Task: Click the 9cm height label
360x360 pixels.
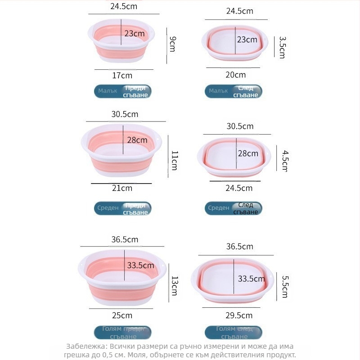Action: point(172,44)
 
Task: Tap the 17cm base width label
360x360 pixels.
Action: point(122,75)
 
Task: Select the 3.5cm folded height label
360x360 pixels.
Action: point(282,47)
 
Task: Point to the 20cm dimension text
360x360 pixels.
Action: point(235,75)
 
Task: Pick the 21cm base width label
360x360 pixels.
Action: point(122,188)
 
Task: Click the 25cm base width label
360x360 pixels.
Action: point(122,315)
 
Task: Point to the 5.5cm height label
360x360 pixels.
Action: point(284,287)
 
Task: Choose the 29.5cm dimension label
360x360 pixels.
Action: point(239,315)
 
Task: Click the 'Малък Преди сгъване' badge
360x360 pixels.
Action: point(122,91)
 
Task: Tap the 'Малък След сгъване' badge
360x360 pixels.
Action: point(234,92)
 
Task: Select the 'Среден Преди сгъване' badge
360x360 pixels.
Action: point(122,208)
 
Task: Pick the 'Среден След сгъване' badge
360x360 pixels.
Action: point(234,208)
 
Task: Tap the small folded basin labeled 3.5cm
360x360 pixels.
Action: point(235,43)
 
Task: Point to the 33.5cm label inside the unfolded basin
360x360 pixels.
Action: point(140,265)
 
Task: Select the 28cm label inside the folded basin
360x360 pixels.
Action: point(248,153)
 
